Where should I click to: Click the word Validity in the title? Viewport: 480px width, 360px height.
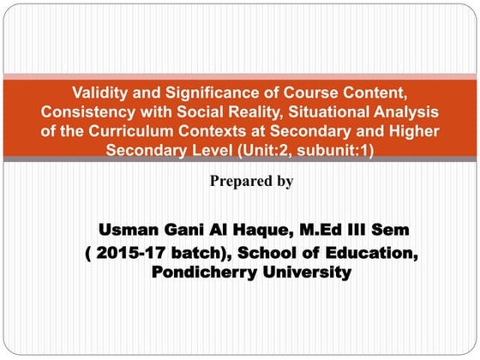point(101,93)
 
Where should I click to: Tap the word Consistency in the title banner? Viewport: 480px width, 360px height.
point(84,112)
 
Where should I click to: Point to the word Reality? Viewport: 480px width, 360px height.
point(266,112)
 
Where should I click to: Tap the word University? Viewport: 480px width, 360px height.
point(305,273)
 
